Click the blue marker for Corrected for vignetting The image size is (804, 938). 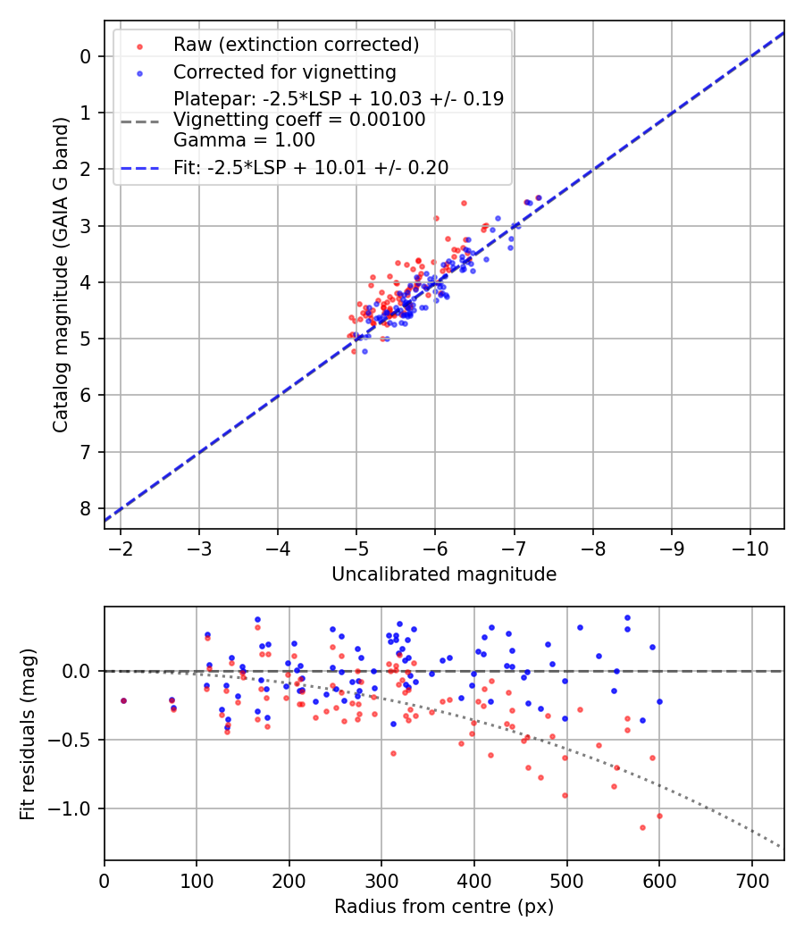tap(139, 71)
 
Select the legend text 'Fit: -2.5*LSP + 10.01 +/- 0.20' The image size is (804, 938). tap(311, 167)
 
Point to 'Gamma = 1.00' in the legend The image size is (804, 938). tap(244, 140)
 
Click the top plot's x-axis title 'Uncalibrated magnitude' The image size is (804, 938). tap(444, 574)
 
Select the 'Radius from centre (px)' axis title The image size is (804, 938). tap(444, 907)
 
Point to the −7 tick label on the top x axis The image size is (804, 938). tap(514, 547)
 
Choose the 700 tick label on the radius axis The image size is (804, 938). tap(751, 879)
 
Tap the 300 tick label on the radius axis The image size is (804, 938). tap(381, 879)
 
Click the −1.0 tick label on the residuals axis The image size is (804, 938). tap(75, 808)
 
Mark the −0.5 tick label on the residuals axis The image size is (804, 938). tap(75, 740)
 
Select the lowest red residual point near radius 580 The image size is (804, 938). tap(642, 827)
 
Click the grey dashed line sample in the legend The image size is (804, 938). tap(139, 120)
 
